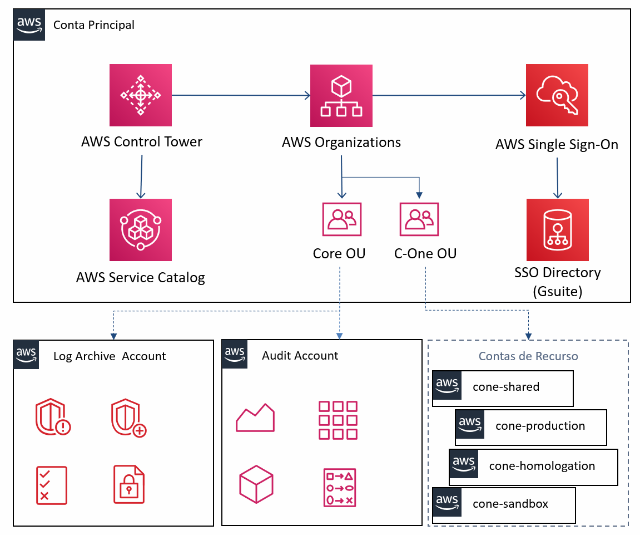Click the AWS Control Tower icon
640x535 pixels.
pyautogui.click(x=141, y=95)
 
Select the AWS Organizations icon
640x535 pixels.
pyautogui.click(x=341, y=96)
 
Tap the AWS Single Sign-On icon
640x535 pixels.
pyautogui.click(x=557, y=95)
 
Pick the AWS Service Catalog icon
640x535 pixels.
pyautogui.click(x=141, y=230)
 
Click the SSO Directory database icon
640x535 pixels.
pyautogui.click(x=557, y=230)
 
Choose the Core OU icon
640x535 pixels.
pyautogui.click(x=341, y=219)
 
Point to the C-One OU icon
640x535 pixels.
pyautogui.click(x=419, y=219)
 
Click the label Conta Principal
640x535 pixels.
pyautogui.click(x=94, y=25)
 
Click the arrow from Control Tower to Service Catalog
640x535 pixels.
pyautogui.click(x=141, y=176)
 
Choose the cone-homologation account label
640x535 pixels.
pyautogui.click(x=542, y=466)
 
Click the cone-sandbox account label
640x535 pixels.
pyautogui.click(x=510, y=504)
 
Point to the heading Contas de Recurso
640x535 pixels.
pyautogui.click(x=528, y=356)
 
